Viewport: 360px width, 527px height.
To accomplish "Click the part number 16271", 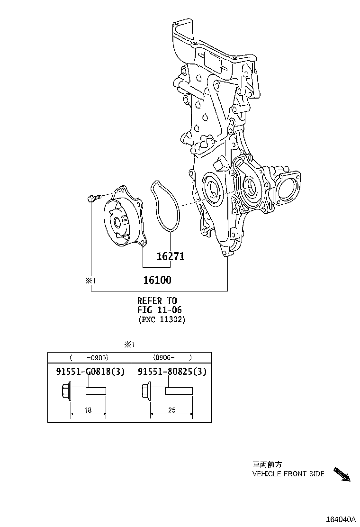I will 171,257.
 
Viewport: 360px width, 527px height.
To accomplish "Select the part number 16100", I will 157,280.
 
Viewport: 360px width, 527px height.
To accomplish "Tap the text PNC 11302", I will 162,320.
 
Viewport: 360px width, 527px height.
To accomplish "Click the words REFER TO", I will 157,300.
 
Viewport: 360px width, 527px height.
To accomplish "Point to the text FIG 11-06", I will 160,310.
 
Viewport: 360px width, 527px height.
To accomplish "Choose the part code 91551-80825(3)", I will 172,372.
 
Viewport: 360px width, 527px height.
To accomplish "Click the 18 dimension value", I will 88,410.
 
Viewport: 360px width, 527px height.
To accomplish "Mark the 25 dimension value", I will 171,410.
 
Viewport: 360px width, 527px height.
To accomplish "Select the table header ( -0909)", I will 89,358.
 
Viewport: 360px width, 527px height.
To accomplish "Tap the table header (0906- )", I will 171,358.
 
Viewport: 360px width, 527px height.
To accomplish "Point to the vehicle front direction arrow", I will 342,474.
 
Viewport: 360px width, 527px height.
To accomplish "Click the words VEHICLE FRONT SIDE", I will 288,473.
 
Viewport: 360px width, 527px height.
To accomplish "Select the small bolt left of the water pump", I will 92,199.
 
